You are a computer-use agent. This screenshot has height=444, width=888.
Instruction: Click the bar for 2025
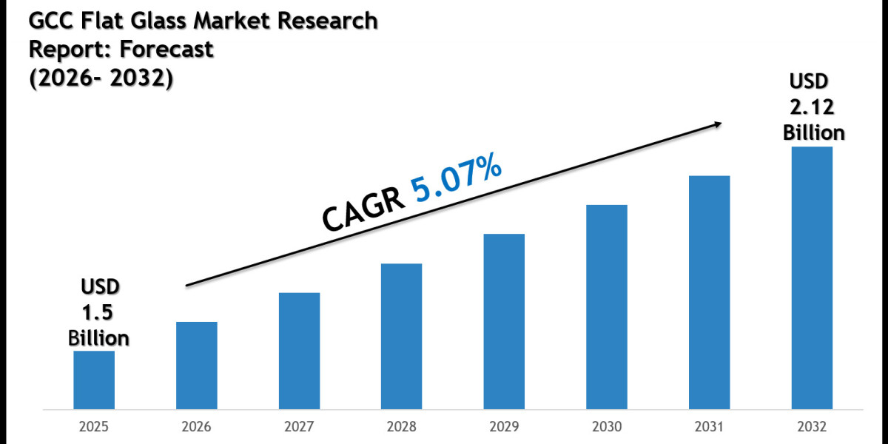(x=94, y=380)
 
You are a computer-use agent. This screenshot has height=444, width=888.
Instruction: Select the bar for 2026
(x=197, y=365)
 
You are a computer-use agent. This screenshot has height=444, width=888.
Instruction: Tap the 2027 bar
(x=300, y=351)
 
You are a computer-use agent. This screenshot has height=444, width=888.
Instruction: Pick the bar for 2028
(x=402, y=336)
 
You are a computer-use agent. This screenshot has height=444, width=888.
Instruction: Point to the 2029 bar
(x=505, y=321)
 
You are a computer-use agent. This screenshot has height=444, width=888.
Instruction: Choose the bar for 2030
(x=607, y=306)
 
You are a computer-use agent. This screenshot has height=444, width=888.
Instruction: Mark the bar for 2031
(x=710, y=292)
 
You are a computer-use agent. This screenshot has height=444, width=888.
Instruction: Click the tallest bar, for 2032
(x=812, y=277)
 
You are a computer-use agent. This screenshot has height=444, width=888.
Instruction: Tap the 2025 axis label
(x=94, y=427)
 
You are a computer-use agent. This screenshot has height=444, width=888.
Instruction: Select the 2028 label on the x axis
(x=402, y=427)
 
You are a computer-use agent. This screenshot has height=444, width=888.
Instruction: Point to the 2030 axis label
(x=607, y=427)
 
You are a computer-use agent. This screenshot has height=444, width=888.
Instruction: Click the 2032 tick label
(x=812, y=427)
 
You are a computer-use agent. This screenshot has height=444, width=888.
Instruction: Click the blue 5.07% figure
(x=457, y=180)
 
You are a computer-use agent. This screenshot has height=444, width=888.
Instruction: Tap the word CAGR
(x=363, y=207)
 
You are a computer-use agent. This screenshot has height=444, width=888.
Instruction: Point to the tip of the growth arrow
(x=721, y=124)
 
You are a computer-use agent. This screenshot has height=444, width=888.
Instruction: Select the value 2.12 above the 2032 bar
(x=812, y=108)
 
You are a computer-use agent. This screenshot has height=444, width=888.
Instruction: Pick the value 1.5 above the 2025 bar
(x=98, y=312)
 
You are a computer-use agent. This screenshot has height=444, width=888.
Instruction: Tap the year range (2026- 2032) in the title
(x=101, y=78)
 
